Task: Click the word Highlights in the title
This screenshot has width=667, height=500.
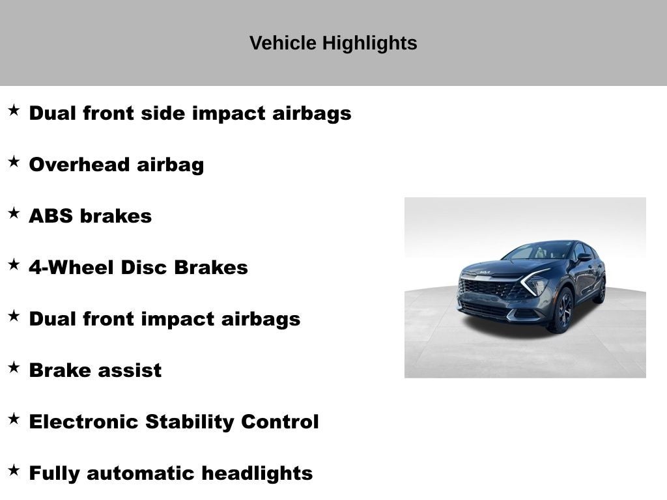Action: point(370,44)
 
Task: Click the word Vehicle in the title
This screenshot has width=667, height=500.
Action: point(283,44)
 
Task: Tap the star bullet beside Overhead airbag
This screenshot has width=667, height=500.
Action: point(14,162)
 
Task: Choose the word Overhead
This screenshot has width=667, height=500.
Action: point(79,165)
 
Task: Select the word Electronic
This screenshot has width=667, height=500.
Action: point(83,422)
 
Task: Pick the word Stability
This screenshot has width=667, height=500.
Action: point(190,422)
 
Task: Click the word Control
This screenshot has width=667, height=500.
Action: point(280,422)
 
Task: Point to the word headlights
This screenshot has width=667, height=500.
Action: point(257,473)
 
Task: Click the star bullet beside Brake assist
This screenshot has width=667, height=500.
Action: point(14,368)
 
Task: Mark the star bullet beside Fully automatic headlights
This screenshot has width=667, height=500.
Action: point(14,471)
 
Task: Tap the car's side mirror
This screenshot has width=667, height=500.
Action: point(584,258)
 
